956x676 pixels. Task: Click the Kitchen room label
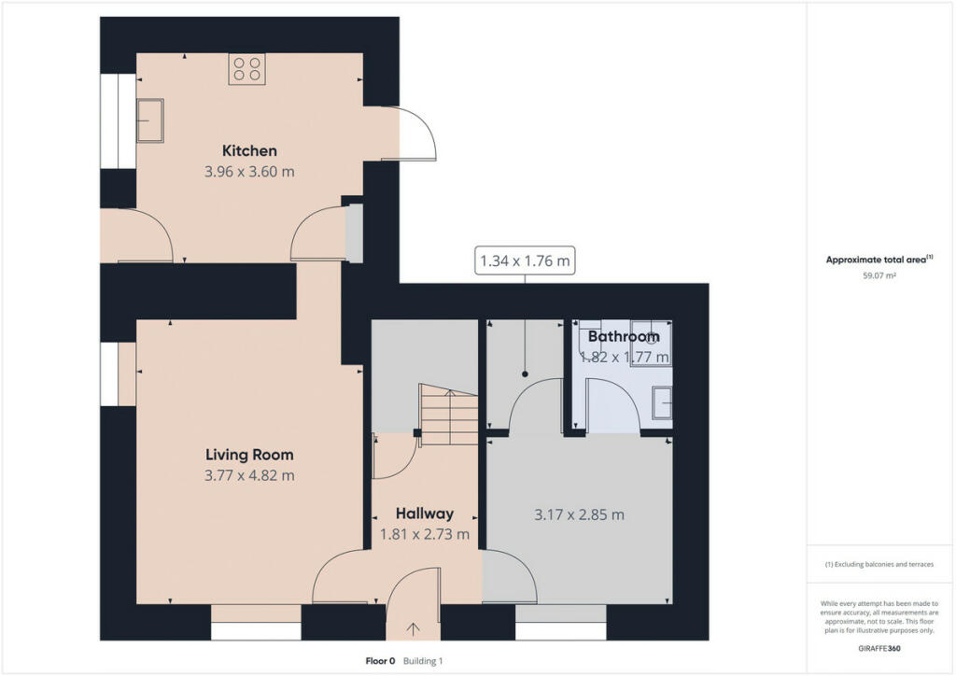(249, 150)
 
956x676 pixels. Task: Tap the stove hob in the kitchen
(246, 69)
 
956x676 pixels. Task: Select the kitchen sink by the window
(150, 120)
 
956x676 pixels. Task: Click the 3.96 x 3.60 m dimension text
(249, 172)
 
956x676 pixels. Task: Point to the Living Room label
(249, 455)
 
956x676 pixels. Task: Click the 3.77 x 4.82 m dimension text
(249, 475)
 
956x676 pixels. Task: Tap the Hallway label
(425, 514)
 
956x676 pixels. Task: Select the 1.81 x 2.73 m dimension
(425, 535)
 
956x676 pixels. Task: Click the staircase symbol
(449, 415)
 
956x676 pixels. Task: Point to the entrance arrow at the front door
(414, 629)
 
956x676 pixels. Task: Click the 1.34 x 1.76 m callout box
(525, 261)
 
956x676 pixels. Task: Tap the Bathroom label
(624, 336)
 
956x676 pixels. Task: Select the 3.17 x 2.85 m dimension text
(579, 515)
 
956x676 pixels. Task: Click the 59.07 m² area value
(879, 275)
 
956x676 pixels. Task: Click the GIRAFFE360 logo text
(879, 649)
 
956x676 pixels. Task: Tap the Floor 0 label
(381, 661)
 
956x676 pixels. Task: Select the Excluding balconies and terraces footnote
(879, 565)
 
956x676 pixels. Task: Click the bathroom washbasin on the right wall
(662, 402)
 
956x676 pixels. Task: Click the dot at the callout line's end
(525, 374)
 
